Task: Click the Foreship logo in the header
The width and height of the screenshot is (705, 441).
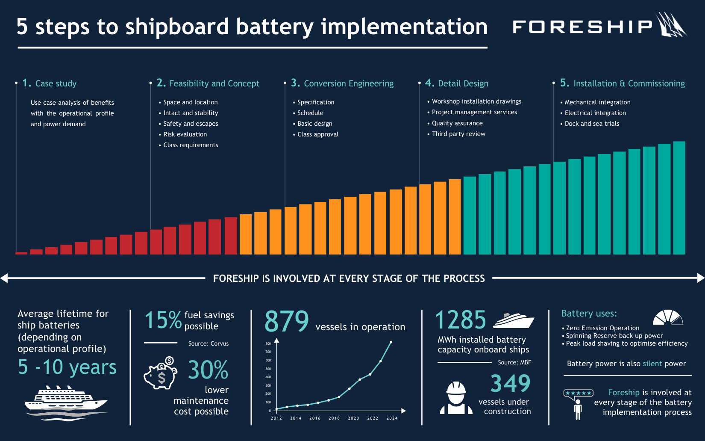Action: (598, 26)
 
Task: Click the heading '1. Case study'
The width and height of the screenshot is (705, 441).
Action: (50, 83)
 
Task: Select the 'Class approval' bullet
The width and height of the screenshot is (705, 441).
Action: (317, 134)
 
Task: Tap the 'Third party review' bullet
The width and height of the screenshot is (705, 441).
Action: (458, 134)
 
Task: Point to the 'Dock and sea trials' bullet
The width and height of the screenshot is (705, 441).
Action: (591, 124)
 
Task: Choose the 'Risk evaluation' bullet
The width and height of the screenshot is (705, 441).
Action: (185, 134)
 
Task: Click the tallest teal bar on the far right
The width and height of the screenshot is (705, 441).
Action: (679, 198)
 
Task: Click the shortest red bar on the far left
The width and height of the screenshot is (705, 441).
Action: (21, 253)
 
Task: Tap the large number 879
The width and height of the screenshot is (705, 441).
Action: (287, 322)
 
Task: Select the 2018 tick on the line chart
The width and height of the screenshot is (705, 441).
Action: (334, 418)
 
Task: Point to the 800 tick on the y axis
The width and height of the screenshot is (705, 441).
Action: (268, 343)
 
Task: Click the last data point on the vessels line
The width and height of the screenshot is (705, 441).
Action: (391, 342)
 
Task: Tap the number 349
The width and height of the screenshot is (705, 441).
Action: (510, 383)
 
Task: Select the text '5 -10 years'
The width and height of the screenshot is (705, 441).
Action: (67, 367)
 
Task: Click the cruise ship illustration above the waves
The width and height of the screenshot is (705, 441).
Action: (66, 400)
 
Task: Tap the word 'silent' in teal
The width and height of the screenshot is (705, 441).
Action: (652, 364)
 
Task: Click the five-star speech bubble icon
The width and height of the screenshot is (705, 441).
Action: (578, 394)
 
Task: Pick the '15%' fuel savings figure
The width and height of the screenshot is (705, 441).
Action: (163, 320)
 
